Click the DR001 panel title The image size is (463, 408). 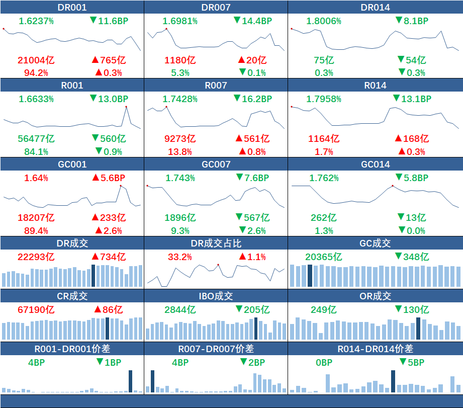tap(72, 7)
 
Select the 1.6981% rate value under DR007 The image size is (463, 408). tap(179, 21)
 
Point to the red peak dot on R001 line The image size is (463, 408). tap(126, 107)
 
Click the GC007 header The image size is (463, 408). tap(216, 164)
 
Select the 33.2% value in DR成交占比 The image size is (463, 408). tap(179, 257)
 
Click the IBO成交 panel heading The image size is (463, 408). tap(216, 296)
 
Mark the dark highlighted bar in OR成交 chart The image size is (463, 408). tap(418, 329)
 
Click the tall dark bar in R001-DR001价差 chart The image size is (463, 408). tap(131, 381)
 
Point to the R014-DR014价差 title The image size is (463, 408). tap(375, 349)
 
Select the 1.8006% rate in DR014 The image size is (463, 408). tap(323, 21)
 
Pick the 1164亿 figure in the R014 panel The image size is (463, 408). tap(323, 138)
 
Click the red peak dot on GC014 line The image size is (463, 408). tap(393, 186)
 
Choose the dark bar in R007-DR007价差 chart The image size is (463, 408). tap(152, 381)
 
